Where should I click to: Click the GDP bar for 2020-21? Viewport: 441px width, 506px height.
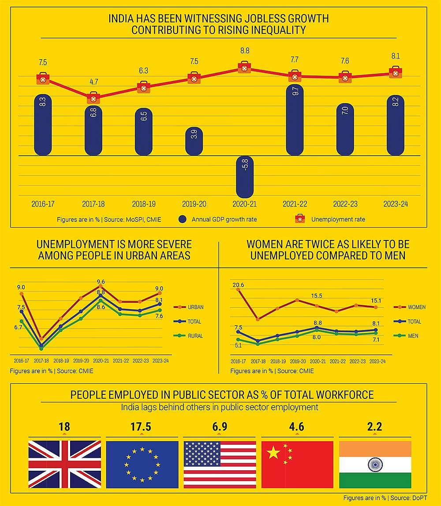click(245, 176)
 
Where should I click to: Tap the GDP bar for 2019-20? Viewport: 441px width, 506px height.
click(194, 141)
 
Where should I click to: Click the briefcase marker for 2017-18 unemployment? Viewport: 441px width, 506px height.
click(93, 98)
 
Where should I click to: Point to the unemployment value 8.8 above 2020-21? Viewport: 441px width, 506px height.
click(244, 51)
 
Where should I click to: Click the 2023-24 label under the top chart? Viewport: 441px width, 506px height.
click(395, 204)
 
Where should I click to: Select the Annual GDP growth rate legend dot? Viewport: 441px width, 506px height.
click(183, 219)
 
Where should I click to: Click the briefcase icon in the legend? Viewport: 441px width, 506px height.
click(299, 219)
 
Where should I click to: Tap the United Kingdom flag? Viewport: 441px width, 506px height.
click(64, 464)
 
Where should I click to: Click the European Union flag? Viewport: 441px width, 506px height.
click(142, 464)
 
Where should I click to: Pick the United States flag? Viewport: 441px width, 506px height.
click(220, 464)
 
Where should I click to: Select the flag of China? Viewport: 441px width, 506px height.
click(297, 464)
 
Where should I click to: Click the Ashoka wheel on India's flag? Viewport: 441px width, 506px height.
click(375, 464)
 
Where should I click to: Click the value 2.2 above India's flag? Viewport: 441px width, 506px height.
click(374, 427)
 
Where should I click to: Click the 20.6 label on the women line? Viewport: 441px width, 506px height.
click(238, 285)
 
